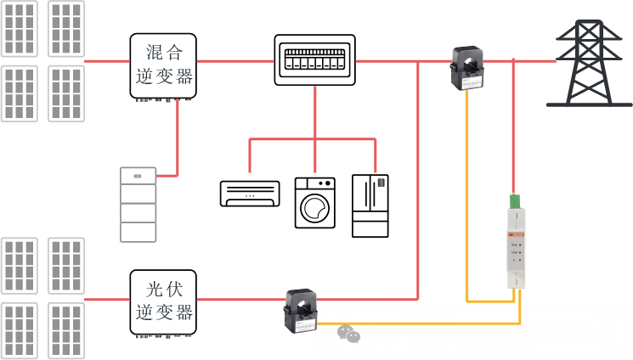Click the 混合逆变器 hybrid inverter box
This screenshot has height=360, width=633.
tap(163, 66)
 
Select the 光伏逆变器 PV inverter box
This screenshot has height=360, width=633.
tap(163, 302)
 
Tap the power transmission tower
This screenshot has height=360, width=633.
tap(589, 63)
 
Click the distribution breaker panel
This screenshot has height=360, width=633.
tap(314, 60)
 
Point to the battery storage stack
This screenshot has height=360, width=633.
tap(138, 205)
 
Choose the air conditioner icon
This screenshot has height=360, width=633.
tap(250, 193)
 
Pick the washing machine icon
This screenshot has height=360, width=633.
tap(314, 202)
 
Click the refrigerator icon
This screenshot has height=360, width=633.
tap(370, 205)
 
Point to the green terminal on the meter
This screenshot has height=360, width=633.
tap(515, 202)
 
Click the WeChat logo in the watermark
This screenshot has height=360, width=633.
tap(348, 334)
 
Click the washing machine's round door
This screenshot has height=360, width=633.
tap(314, 208)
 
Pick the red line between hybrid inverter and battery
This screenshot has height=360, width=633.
tap(177, 140)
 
